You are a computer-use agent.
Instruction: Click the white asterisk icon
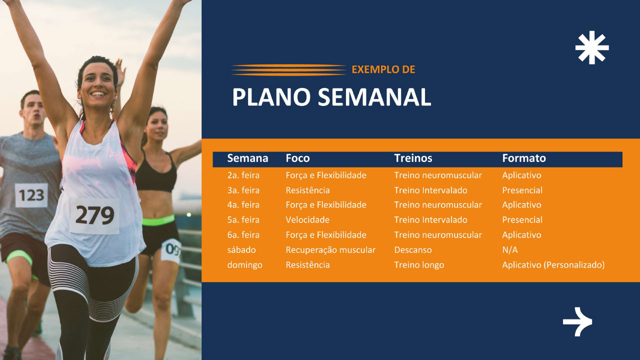pos(592,47)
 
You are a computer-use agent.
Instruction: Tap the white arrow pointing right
pos(577,321)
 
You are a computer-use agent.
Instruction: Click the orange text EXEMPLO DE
pos(383,69)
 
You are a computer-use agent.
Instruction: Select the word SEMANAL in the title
pos(374,97)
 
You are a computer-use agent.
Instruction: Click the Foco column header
pos(297,158)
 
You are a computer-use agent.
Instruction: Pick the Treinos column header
pos(413,158)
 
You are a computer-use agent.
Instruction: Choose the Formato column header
pos(524,158)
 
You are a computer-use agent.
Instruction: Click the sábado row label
pos(241,249)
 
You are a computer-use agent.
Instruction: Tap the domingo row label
pos(245,265)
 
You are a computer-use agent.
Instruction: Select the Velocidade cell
pos(307,219)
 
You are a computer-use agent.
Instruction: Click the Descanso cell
pos(413,249)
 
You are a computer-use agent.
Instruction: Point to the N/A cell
pos(510,249)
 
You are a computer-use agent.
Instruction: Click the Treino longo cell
pos(419,265)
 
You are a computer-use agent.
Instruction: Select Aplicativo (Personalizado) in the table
pos(553,265)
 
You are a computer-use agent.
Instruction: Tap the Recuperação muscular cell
pos(330,249)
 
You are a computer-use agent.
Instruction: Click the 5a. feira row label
pos(243,219)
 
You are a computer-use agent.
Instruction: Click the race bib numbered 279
pos(94,215)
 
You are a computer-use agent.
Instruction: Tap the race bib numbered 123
pos(31,195)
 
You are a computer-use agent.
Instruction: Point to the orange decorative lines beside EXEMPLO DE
pos(289,69)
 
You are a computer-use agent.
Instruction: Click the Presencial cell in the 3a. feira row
pos(522,190)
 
